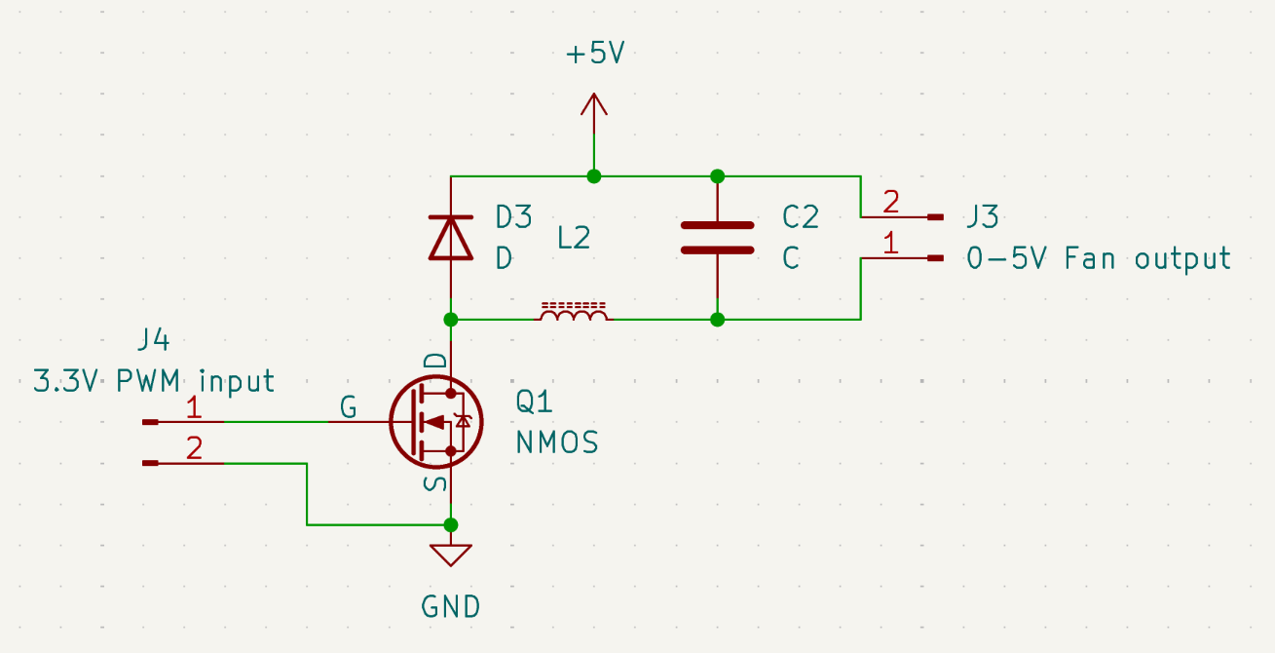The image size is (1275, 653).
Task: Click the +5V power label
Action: [x=594, y=54]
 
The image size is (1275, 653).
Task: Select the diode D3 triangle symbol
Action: [x=451, y=237]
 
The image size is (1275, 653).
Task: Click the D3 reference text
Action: [x=513, y=216]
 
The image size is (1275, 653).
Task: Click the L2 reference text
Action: [x=574, y=238]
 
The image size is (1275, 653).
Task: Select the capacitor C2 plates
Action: [x=717, y=237]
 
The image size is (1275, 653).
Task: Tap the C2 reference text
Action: [x=800, y=216]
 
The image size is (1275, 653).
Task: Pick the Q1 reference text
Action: [x=535, y=402]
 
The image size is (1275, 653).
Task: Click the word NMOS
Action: [x=556, y=443]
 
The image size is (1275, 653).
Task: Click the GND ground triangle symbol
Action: [x=451, y=555]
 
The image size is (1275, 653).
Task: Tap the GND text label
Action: [x=451, y=607]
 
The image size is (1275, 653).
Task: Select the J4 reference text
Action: [x=153, y=340]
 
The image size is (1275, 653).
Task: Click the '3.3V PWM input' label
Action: [x=153, y=380]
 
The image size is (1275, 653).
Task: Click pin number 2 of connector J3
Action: [x=891, y=204]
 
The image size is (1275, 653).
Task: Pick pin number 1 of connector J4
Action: [x=194, y=407]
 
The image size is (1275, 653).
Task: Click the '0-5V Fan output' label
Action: [x=1099, y=258]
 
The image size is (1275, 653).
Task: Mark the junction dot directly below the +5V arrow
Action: [x=594, y=176]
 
